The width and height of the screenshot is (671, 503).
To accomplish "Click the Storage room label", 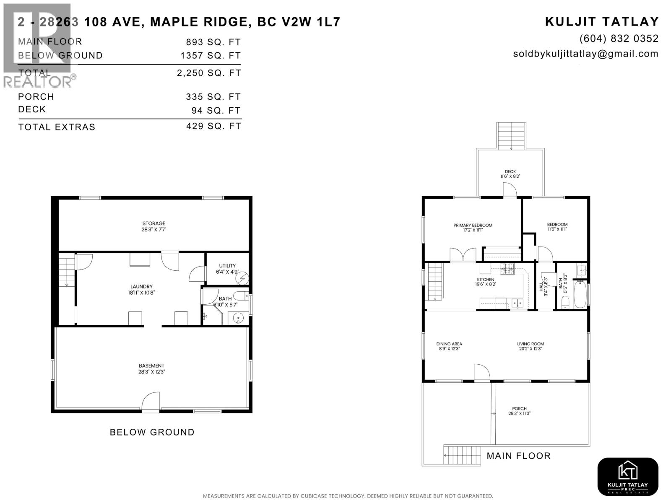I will coord(153,223).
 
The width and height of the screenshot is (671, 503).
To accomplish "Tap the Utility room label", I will coord(227,266).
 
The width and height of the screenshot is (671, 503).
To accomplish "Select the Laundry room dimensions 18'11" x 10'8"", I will coord(141,293).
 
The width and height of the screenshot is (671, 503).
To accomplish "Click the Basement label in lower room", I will coord(151,366).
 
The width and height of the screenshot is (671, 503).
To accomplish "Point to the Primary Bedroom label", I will coord(473,225).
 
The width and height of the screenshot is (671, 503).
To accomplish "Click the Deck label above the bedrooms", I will coord(510,171).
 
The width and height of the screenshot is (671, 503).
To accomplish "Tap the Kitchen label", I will coord(485,280).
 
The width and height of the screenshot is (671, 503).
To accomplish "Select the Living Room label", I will coord(530,344).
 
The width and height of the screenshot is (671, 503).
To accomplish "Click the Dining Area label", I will coord(449,344).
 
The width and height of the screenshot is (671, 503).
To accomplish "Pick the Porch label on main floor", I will coord(519,409).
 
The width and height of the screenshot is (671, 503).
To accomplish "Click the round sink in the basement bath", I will coord(238,318).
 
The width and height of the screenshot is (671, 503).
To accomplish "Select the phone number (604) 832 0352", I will coord(619,39).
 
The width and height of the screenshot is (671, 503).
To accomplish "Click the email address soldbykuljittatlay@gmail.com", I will coord(585,54).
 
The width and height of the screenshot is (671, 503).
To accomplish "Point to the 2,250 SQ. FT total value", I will coord(209,73).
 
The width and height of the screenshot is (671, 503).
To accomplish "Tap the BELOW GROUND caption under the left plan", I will coord(152,432).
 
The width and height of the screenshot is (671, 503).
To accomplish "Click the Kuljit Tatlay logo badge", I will coord(627,477).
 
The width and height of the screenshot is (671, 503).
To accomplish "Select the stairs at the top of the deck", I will coord(511,135).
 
